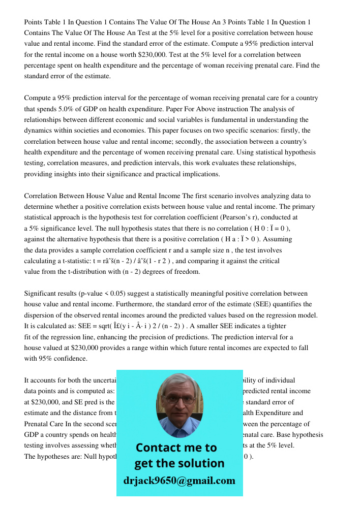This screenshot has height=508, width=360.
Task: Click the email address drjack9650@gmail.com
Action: point(179,481)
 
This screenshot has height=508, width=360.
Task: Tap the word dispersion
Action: point(42,315)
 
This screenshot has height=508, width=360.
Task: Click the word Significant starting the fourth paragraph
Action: point(42,294)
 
